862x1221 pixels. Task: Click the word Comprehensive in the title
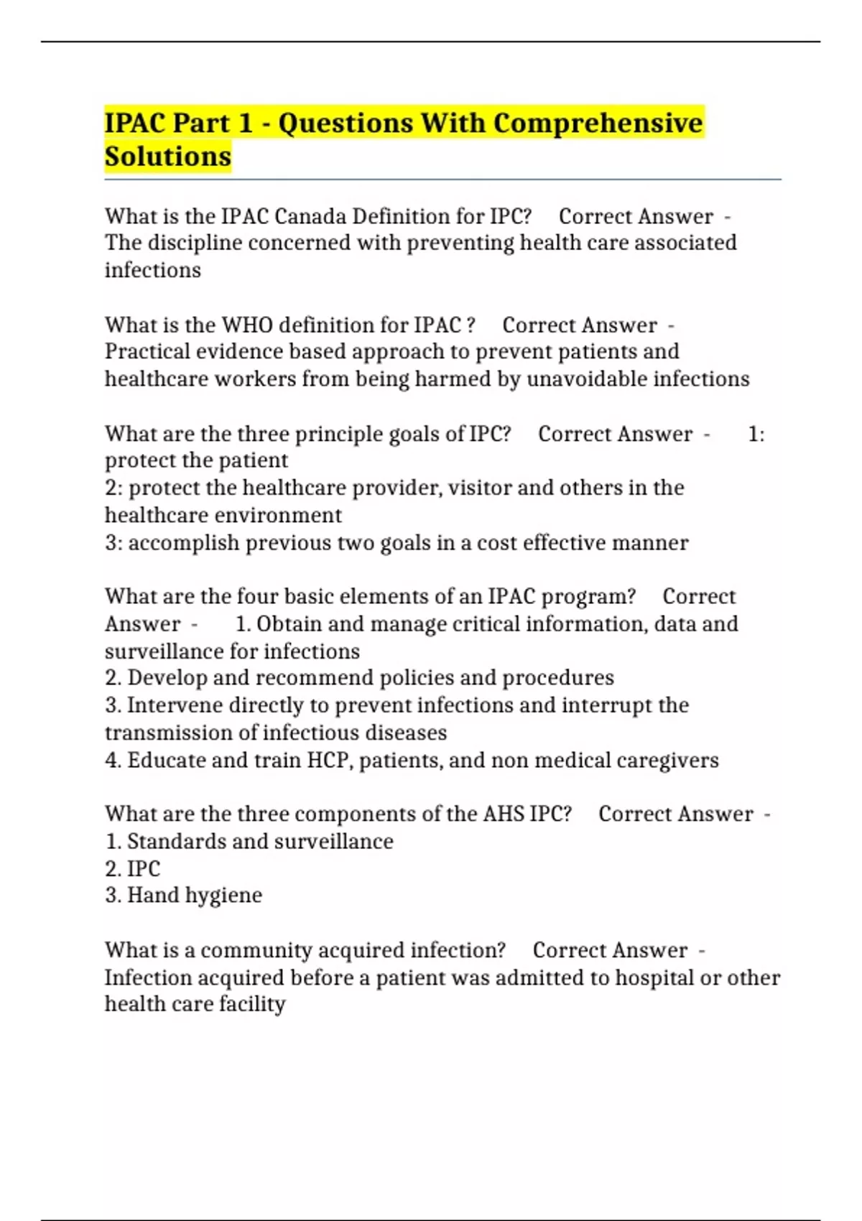point(598,124)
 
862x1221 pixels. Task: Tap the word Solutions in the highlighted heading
point(168,157)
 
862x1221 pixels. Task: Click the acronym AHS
point(504,814)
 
